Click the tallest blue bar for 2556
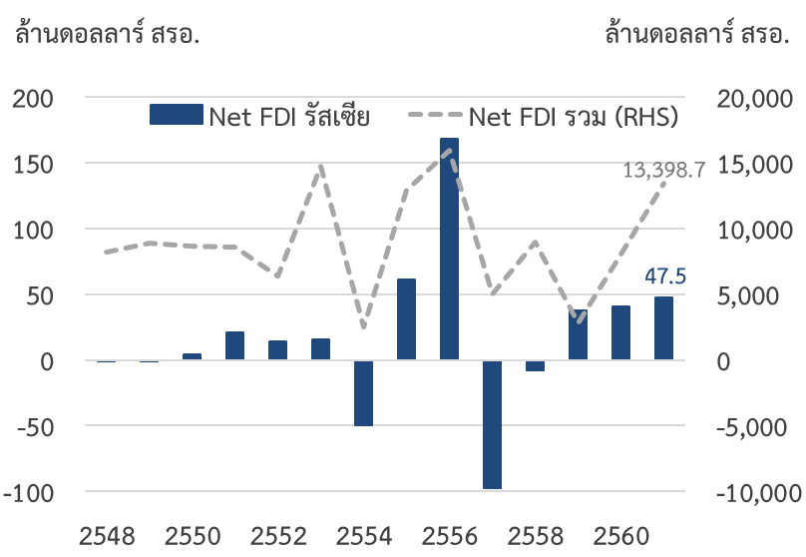click(449, 250)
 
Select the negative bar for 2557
click(492, 424)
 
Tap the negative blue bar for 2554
click(363, 393)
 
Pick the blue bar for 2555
click(406, 319)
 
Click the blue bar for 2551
click(234, 345)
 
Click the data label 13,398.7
click(663, 170)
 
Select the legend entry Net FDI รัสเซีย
click(260, 116)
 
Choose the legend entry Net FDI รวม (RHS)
click(544, 116)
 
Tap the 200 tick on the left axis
click(35, 98)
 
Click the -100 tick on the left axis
click(31, 492)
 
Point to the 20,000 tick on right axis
click(755, 98)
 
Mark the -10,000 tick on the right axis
click(758, 492)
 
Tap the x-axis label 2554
click(364, 535)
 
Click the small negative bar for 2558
click(535, 365)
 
